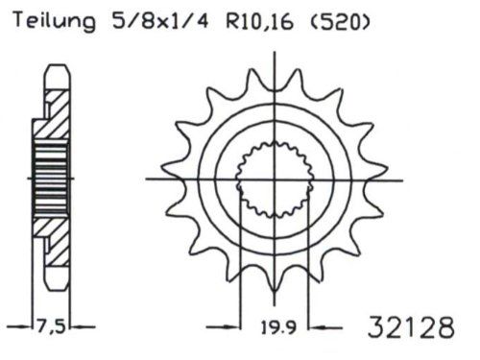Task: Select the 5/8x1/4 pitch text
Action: click(x=160, y=21)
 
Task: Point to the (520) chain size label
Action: click(x=340, y=21)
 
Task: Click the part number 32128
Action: click(x=411, y=327)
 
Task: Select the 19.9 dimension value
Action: click(x=278, y=327)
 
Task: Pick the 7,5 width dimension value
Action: click(x=51, y=327)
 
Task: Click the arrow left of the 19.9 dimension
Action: click(x=224, y=327)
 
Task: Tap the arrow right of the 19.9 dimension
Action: click(x=325, y=327)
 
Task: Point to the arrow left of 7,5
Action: click(x=19, y=326)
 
